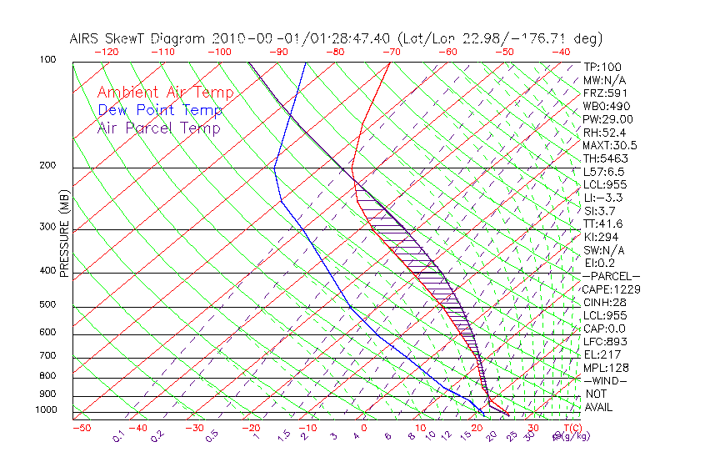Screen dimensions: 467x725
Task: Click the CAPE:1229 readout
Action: [606, 289]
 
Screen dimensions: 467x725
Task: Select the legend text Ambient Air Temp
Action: [165, 93]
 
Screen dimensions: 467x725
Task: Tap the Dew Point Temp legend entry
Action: [160, 110]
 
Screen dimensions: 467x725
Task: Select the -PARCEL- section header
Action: [611, 276]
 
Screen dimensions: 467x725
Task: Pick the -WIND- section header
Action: [605, 380]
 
